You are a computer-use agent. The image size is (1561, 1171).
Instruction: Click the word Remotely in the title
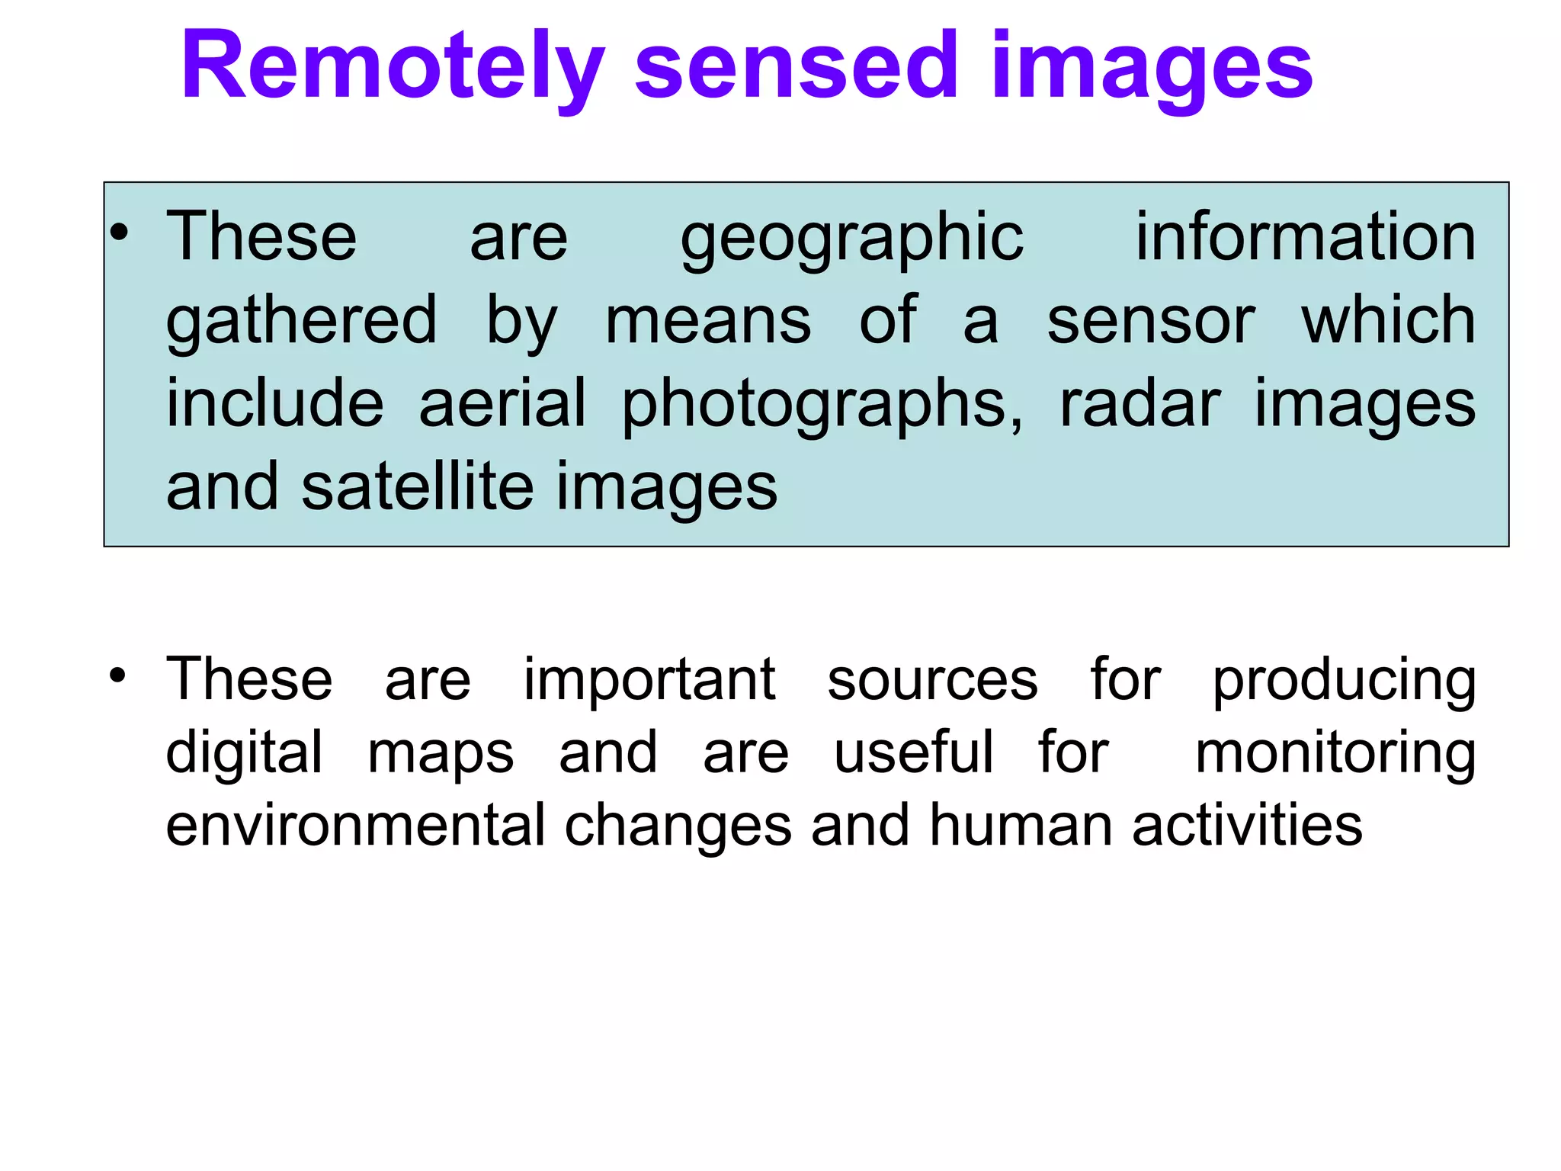[393, 67]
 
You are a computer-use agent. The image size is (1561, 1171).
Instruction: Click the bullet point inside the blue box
[118, 233]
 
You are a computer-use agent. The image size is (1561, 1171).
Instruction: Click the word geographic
[851, 238]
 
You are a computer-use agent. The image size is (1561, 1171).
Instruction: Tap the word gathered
[302, 321]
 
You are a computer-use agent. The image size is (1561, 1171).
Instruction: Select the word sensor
[1150, 321]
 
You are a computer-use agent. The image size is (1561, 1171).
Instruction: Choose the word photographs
[822, 404]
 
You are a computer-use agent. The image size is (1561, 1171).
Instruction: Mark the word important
[649, 679]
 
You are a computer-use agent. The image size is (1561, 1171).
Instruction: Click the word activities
[1247, 825]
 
